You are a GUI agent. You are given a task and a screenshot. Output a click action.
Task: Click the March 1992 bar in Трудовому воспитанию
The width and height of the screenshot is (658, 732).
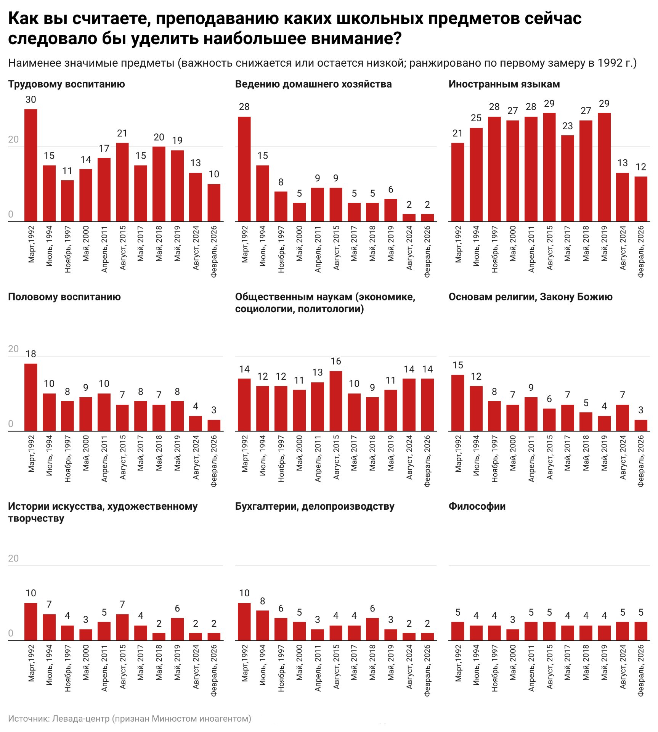pyautogui.click(x=31, y=165)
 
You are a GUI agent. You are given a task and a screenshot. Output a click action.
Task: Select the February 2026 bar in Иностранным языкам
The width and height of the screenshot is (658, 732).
pyautogui.click(x=641, y=199)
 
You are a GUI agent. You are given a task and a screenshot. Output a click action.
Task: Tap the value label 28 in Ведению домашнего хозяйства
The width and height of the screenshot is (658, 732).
pyautogui.click(x=244, y=107)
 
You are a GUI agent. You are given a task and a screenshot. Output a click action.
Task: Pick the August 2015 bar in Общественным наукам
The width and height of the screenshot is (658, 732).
pyautogui.click(x=336, y=401)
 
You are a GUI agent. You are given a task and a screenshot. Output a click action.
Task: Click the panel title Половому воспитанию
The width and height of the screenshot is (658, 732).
pyautogui.click(x=64, y=297)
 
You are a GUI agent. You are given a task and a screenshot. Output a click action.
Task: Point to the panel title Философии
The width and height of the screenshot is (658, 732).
pyautogui.click(x=477, y=506)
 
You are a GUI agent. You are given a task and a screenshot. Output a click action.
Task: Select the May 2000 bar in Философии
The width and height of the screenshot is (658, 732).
pyautogui.click(x=513, y=635)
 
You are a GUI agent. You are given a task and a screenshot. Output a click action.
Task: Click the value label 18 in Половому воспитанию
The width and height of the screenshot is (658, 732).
pyautogui.click(x=31, y=354)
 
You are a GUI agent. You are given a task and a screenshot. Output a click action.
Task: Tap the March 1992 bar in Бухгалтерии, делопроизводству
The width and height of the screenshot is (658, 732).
pyautogui.click(x=244, y=622)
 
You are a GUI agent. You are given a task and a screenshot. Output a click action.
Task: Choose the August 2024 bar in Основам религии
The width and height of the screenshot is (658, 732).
pyautogui.click(x=623, y=418)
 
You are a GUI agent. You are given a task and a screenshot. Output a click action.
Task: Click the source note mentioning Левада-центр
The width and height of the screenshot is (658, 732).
pyautogui.click(x=130, y=718)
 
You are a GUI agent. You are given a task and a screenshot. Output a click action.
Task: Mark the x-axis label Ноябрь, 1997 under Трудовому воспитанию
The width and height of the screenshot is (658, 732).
pyautogui.click(x=67, y=249)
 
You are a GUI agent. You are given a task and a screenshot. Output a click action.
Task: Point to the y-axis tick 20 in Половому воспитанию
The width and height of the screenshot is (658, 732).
pyautogui.click(x=13, y=349)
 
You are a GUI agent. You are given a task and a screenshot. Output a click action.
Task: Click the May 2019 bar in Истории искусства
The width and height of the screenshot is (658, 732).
pyautogui.click(x=177, y=629)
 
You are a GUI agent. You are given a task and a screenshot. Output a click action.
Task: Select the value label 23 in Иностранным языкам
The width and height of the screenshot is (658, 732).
pyautogui.click(x=568, y=126)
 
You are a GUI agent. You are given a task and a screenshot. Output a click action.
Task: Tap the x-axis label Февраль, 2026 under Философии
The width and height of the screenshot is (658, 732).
pyautogui.click(x=641, y=670)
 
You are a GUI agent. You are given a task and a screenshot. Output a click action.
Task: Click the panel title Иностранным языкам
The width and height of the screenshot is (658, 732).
pyautogui.click(x=504, y=84)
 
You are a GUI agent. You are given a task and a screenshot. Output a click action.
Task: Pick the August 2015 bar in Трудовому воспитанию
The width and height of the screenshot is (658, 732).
pyautogui.click(x=122, y=182)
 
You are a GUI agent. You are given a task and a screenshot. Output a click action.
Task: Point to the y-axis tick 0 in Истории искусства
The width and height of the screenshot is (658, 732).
pyautogui.click(x=11, y=633)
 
